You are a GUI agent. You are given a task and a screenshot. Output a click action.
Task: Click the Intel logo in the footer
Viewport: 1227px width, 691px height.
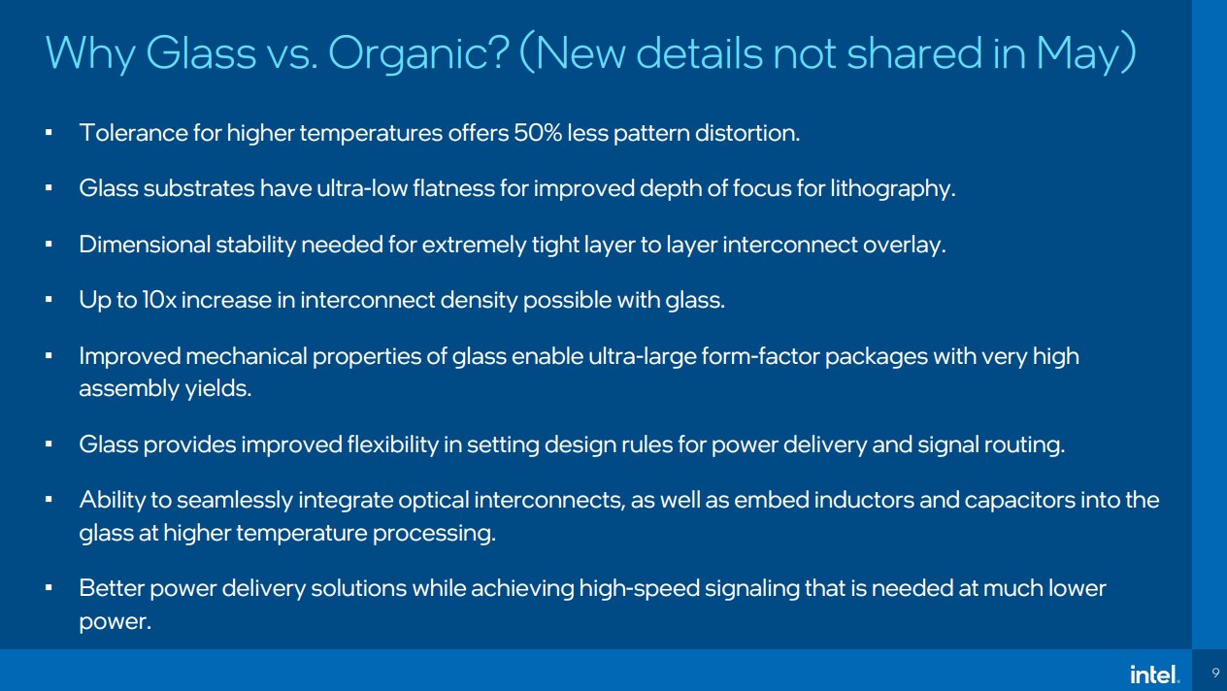[x=1155, y=675]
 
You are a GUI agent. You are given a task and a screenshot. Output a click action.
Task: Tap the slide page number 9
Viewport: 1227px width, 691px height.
[x=1215, y=673]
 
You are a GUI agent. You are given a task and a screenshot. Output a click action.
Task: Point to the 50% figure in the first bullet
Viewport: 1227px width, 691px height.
[x=538, y=133]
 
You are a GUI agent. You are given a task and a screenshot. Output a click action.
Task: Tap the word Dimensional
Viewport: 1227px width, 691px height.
[x=145, y=245]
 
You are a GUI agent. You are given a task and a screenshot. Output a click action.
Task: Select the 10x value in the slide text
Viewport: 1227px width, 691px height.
[x=159, y=300]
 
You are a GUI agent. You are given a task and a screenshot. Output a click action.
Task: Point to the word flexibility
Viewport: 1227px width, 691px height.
[x=393, y=444]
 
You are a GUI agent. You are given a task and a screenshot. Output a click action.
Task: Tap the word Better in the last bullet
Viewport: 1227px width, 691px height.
[x=112, y=588]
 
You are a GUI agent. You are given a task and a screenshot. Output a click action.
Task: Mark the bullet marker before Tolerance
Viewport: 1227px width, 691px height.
[x=49, y=133]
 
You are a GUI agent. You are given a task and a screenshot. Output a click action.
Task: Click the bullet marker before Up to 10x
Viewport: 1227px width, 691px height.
[x=49, y=300]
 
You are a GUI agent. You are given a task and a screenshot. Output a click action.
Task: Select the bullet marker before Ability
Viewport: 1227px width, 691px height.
[x=49, y=500]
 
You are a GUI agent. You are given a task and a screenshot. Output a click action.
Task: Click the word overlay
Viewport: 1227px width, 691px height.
[x=905, y=246]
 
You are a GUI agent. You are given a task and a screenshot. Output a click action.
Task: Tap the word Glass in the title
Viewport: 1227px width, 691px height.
[x=201, y=53]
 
